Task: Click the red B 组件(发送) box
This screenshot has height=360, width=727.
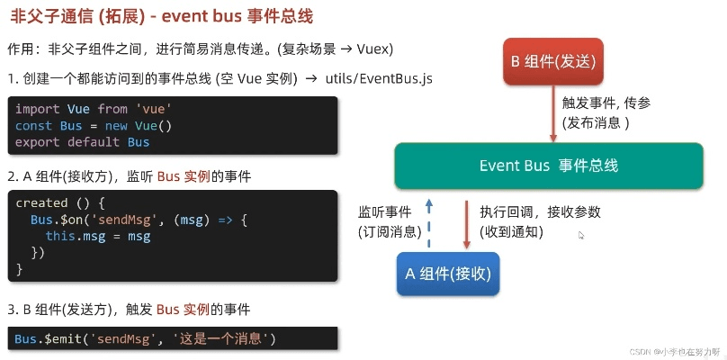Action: tap(552, 62)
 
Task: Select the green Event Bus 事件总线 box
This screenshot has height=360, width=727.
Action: tap(549, 166)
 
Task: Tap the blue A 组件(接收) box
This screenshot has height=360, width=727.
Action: tap(448, 274)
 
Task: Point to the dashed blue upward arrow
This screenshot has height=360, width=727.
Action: tap(429, 223)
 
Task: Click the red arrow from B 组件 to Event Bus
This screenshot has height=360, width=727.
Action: tap(552, 114)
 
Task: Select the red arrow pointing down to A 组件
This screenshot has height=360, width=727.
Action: tap(467, 224)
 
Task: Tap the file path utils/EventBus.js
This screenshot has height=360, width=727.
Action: tap(378, 78)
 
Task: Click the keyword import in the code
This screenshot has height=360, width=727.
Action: tap(38, 110)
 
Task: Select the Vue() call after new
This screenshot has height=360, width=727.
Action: tap(153, 126)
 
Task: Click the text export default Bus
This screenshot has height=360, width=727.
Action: tap(82, 142)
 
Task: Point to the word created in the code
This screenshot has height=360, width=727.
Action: tap(41, 203)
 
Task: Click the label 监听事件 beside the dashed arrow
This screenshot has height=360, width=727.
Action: tap(384, 213)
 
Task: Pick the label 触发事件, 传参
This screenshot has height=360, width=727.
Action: tap(606, 103)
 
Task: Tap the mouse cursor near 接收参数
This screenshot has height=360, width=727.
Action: tap(581, 235)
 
